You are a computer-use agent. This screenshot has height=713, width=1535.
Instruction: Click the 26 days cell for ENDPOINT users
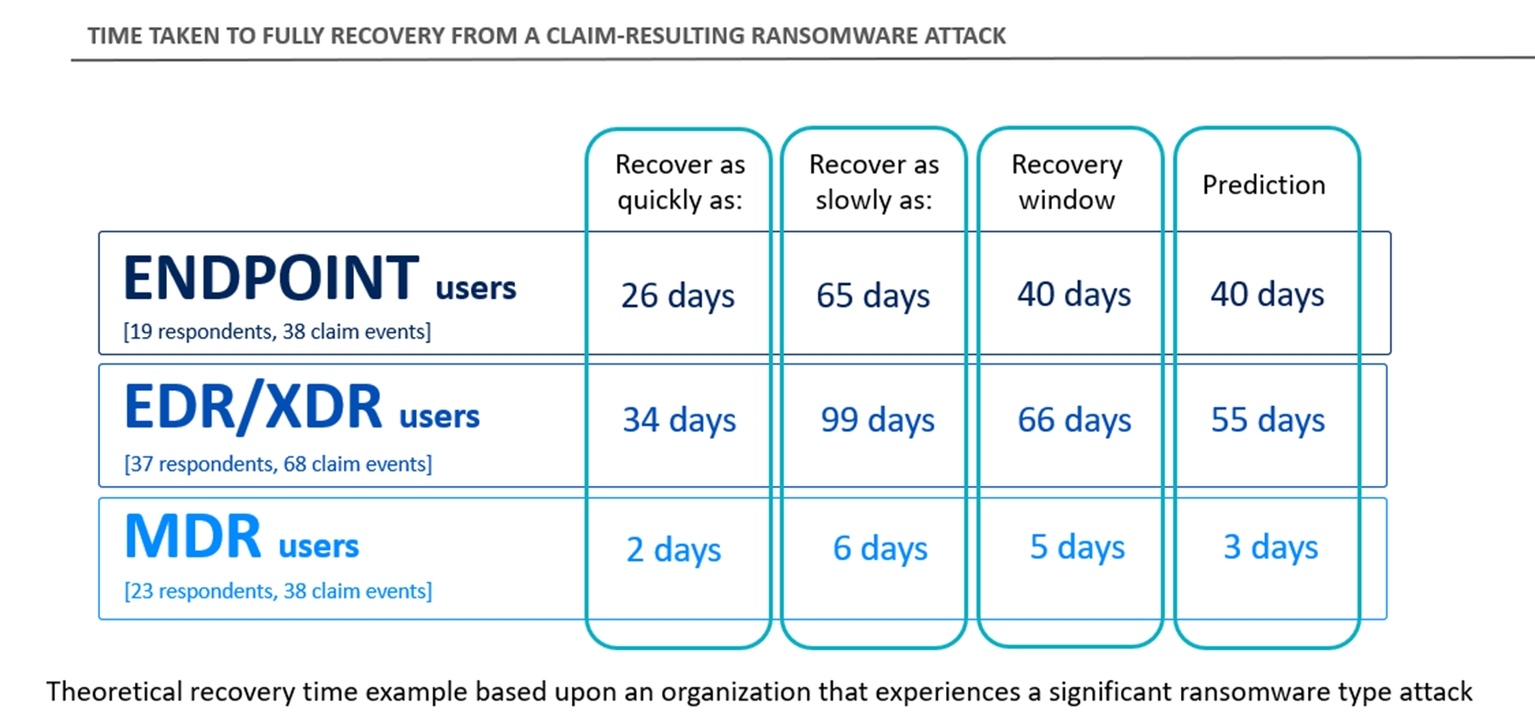point(677,296)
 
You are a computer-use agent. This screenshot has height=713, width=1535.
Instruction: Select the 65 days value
point(873,296)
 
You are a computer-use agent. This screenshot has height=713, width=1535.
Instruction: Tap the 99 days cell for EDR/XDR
point(877,420)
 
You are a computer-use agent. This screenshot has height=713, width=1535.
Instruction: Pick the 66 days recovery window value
point(1074,420)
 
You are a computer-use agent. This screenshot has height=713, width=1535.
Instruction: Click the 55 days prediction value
point(1268,420)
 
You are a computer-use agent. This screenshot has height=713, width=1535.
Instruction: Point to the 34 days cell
point(679,420)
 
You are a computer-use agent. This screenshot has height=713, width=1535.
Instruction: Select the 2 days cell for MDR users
point(674,549)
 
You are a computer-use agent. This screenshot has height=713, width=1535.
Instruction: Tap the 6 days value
point(880,548)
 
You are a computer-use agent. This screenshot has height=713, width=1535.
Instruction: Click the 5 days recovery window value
point(1076,547)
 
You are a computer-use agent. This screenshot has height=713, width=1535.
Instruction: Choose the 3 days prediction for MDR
point(1270,547)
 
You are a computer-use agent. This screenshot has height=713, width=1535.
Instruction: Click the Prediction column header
point(1264,185)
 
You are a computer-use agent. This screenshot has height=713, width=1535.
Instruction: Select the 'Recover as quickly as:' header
point(680,182)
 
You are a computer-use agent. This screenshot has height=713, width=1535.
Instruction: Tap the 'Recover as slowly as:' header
point(874,182)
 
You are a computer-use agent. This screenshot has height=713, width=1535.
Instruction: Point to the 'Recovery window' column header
point(1067,182)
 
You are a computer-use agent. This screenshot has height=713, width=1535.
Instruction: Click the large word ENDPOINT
point(271,279)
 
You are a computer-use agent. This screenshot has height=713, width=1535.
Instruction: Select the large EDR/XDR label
point(253,407)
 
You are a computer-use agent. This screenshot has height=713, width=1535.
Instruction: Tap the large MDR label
point(193,536)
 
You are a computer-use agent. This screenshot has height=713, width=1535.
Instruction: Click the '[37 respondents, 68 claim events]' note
point(278,464)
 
